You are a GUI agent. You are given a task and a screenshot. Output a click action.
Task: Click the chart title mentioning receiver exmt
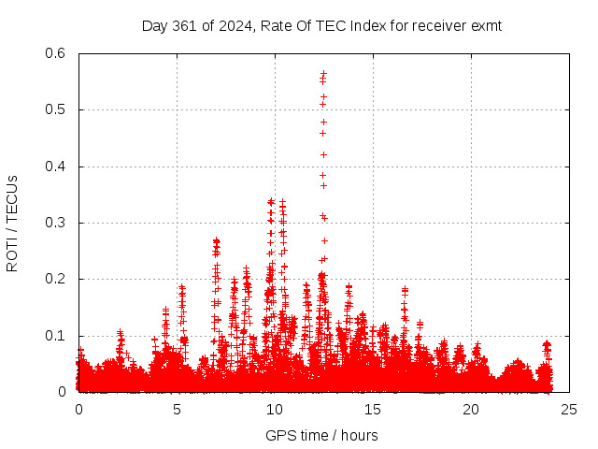[321, 26]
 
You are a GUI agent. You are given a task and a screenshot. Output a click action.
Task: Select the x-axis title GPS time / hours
[321, 435]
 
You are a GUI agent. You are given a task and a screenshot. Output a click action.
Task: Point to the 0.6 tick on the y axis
[57, 53]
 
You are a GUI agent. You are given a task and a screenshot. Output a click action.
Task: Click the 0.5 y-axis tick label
[57, 109]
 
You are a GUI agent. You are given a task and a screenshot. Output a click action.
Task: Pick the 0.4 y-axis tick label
[57, 167]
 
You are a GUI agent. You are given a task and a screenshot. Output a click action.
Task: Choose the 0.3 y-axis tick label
[57, 223]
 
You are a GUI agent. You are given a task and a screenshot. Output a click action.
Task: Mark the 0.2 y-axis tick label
[57, 279]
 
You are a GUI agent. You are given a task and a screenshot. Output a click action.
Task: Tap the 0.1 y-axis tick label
[57, 336]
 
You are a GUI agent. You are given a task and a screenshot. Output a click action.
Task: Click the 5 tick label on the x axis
[177, 410]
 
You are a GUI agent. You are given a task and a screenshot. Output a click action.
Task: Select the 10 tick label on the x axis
[275, 410]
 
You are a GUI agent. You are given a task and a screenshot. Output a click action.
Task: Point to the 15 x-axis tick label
[373, 410]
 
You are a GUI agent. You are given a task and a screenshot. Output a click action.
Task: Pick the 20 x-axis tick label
[471, 410]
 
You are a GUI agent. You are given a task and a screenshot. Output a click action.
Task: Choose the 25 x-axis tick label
[569, 410]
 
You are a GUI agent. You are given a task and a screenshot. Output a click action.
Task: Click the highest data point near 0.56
[323, 73]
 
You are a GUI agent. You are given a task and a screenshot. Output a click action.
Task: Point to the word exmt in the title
[486, 26]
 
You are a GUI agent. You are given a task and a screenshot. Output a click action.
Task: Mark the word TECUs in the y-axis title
[12, 195]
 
